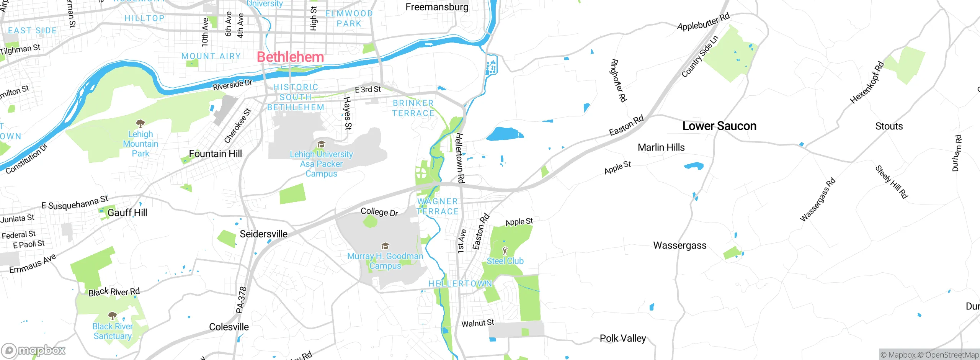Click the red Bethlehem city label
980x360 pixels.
pyautogui.click(x=290, y=57)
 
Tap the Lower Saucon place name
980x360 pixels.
pyautogui.click(x=719, y=126)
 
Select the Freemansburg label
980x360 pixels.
pyautogui.click(x=437, y=7)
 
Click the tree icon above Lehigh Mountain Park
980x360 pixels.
pyautogui.click(x=140, y=123)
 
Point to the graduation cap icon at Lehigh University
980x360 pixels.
pyautogui.click(x=321, y=144)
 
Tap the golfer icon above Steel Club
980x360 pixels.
pyautogui.click(x=505, y=251)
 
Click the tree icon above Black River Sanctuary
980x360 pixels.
pyautogui.click(x=112, y=316)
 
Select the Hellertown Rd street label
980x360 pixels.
pyautogui.click(x=460, y=158)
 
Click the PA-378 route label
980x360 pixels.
pyautogui.click(x=241, y=300)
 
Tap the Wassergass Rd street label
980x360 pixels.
pyautogui.click(x=817, y=200)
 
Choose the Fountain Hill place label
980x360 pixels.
pyautogui.click(x=215, y=154)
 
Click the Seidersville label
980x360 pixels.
pyautogui.click(x=263, y=234)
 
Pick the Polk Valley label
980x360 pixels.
pyautogui.click(x=622, y=339)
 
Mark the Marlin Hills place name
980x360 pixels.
pyautogui.click(x=661, y=147)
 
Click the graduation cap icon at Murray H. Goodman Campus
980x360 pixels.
pyautogui.click(x=385, y=246)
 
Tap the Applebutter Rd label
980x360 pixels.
pyautogui.click(x=703, y=22)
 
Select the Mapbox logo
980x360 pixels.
pyautogui.click(x=34, y=350)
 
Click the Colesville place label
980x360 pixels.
pyautogui.click(x=229, y=327)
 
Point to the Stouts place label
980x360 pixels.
pyautogui.click(x=889, y=126)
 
